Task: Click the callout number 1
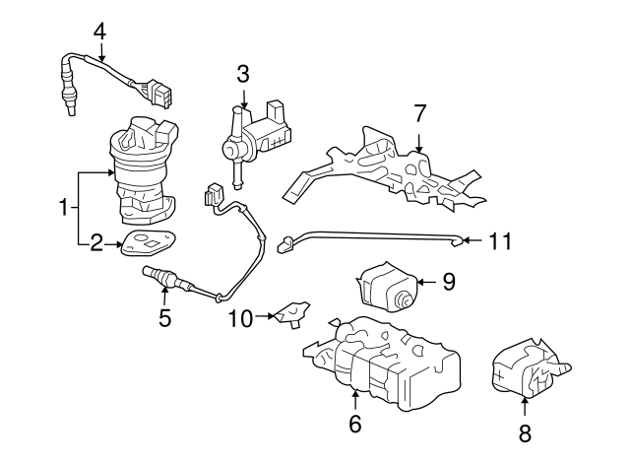click(x=64, y=208)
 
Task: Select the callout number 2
click(x=96, y=243)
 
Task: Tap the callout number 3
click(x=242, y=73)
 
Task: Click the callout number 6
click(x=354, y=424)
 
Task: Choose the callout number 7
click(x=419, y=114)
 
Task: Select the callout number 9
click(x=448, y=283)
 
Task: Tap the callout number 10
click(x=241, y=317)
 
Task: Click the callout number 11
click(x=501, y=240)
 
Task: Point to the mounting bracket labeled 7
click(x=394, y=167)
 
